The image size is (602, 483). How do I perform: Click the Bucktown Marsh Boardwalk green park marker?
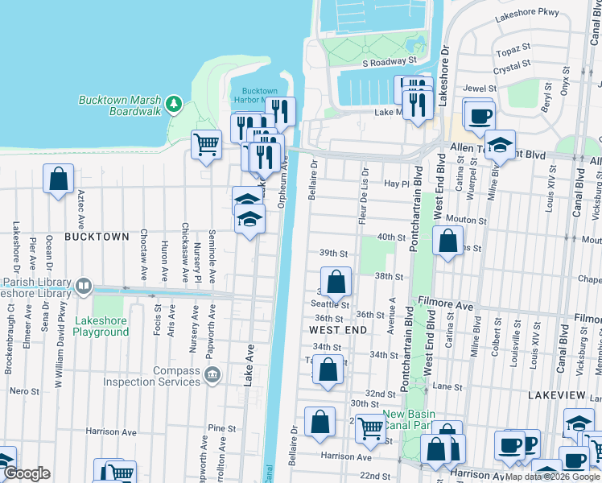tap(173, 104)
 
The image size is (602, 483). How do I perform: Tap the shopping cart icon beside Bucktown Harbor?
tap(206, 145)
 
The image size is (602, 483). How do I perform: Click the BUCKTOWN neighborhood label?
tap(97, 237)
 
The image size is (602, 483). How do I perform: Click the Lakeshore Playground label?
tap(101, 326)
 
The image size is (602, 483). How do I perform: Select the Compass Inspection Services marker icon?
tap(212, 373)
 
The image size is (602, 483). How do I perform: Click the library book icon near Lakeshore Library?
tap(83, 286)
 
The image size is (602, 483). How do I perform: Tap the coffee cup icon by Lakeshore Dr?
tap(479, 114)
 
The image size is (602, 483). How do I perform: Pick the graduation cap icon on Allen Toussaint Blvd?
tap(500, 145)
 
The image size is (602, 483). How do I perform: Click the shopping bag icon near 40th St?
tap(447, 241)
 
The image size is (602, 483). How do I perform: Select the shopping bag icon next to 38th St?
tap(336, 283)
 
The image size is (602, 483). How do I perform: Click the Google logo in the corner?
tap(27, 473)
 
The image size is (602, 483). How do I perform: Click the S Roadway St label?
tap(389, 60)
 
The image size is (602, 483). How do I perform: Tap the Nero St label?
tap(24, 390)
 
